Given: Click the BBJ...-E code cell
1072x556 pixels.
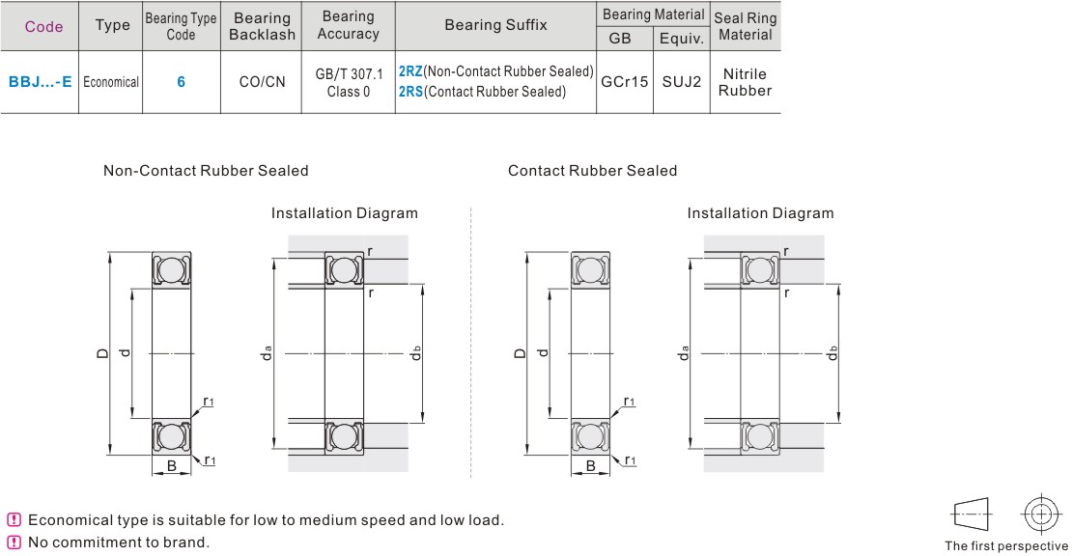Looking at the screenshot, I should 41,83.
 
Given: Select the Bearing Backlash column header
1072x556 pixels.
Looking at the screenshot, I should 261,26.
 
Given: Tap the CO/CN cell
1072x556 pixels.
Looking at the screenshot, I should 262,83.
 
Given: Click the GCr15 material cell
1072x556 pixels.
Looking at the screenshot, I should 624,83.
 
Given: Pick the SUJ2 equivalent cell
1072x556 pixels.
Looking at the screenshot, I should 681,83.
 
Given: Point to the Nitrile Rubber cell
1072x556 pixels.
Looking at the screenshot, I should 745,82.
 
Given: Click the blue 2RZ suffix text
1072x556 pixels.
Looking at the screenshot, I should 409,72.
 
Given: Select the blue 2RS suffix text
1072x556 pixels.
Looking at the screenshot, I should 409,93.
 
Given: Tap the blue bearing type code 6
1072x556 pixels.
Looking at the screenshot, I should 181,83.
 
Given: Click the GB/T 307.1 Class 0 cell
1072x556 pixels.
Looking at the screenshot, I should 349,83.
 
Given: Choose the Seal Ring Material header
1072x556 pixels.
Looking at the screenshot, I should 745,26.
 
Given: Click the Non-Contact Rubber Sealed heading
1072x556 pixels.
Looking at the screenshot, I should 206,171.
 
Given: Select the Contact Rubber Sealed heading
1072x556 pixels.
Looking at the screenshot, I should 592,171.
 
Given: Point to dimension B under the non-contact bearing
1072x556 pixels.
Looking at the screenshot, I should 171,466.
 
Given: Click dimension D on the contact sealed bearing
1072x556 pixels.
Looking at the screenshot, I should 520,354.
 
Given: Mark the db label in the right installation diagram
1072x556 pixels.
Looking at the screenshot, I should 832,353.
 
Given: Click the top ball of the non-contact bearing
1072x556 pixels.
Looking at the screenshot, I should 171,268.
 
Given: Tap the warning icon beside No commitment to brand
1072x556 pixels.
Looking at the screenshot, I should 13,542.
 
